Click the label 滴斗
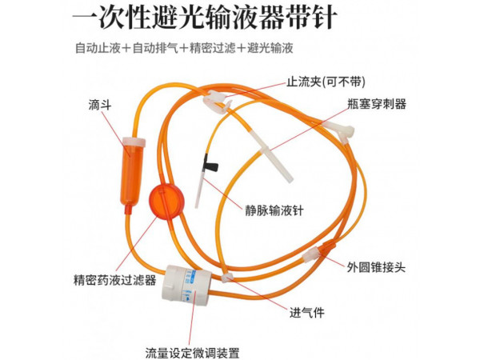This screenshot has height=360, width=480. click(100, 105)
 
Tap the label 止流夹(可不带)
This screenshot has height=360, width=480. click(326, 82)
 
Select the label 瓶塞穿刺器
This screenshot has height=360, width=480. click(377, 104)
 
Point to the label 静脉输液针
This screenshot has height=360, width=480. click(274, 210)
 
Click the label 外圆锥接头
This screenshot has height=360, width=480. click(376, 267)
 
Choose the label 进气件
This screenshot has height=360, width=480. click(306, 313)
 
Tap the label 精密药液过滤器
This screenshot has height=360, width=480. click(114, 280)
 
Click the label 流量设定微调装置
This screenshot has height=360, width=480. click(192, 353)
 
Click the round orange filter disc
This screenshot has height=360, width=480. click(166, 201)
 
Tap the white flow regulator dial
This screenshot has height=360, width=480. click(186, 286)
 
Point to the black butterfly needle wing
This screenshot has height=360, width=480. click(210, 164)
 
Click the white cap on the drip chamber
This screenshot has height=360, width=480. click(134, 142)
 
